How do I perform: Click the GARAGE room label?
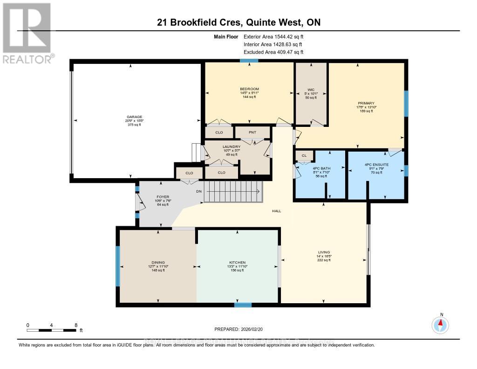pyautogui.click(x=136, y=117)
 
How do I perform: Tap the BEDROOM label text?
pyautogui.click(x=249, y=89)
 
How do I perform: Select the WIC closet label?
pyautogui.click(x=311, y=90)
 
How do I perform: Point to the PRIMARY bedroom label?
pyautogui.click(x=366, y=103)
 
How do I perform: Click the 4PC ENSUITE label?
pyautogui.click(x=376, y=165)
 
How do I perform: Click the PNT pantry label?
pyautogui.click(x=252, y=132)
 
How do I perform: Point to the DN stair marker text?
pyautogui.click(x=198, y=191)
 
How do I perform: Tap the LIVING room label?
pyautogui.click(x=323, y=253)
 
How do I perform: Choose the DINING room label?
pyautogui.click(x=158, y=263)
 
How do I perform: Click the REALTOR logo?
pyautogui.click(x=27, y=33)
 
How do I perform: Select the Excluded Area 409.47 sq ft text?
pyautogui.click(x=273, y=52)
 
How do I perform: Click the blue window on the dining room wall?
pyautogui.click(x=118, y=266)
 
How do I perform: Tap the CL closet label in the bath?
pyautogui.click(x=304, y=156)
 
